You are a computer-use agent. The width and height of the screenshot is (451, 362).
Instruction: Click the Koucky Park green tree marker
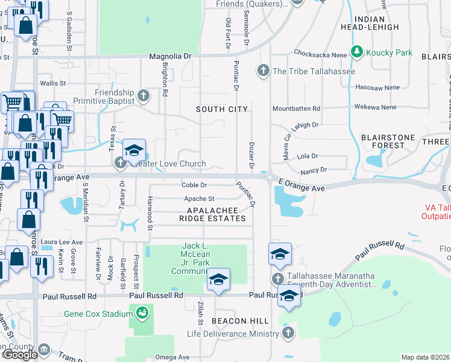click(x=357, y=52)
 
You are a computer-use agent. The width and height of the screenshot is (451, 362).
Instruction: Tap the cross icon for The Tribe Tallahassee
click(x=263, y=71)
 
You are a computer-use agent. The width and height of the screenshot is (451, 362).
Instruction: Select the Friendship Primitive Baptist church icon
click(x=143, y=95)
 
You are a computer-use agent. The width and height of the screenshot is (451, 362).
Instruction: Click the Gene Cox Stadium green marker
click(x=142, y=313)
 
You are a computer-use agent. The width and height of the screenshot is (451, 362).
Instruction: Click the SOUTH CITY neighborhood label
click(x=222, y=109)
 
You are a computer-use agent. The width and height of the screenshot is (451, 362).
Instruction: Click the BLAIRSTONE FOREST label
click(x=388, y=141)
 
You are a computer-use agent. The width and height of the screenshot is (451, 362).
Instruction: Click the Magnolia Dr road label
click(x=171, y=56)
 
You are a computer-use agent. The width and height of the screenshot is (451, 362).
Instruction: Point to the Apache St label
click(x=199, y=198)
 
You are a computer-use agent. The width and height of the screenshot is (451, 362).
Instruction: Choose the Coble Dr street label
click(x=194, y=185)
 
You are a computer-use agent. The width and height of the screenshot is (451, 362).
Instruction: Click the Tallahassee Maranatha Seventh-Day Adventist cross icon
click(x=278, y=279)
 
